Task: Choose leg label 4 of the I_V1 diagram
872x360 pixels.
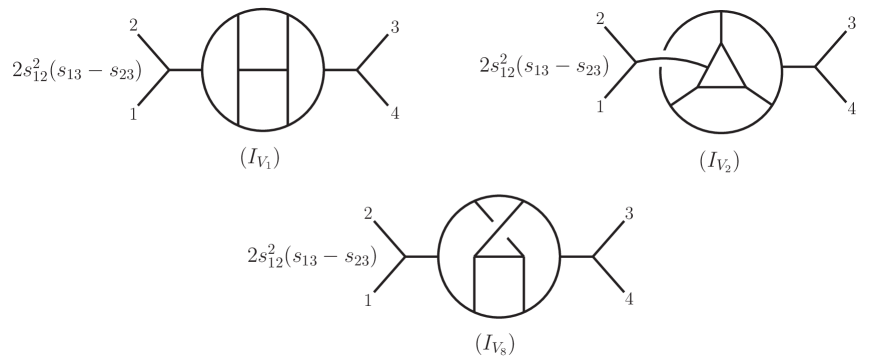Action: click(x=396, y=113)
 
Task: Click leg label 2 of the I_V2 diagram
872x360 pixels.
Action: click(x=599, y=19)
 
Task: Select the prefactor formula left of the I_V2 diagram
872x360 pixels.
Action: click(x=553, y=66)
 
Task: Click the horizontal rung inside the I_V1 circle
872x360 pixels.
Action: click(x=261, y=71)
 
